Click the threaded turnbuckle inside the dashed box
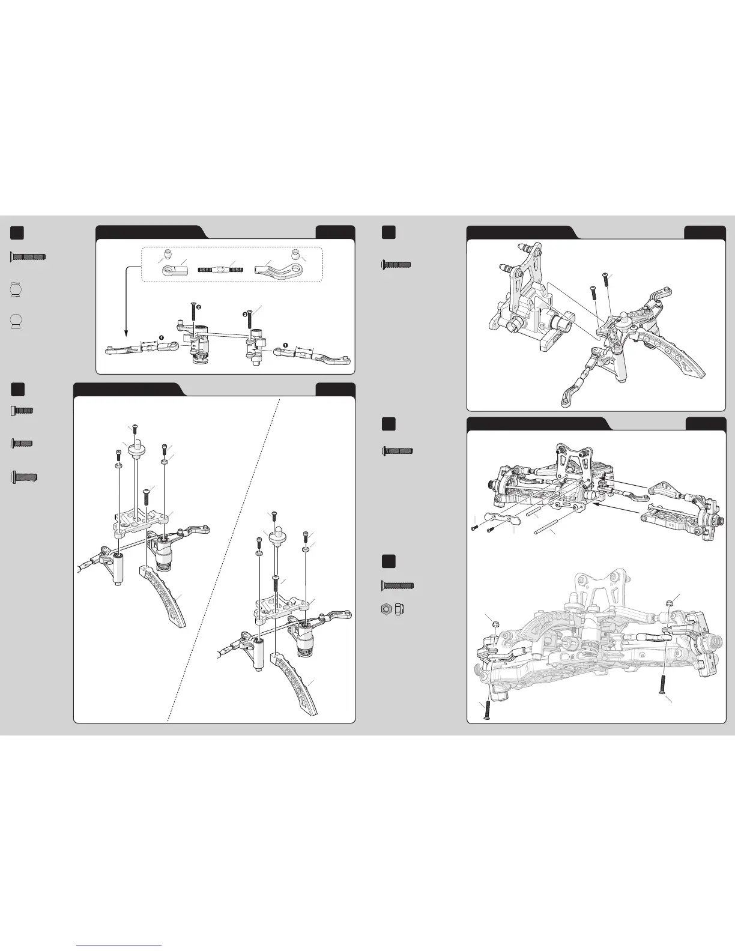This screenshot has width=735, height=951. coord(220,270)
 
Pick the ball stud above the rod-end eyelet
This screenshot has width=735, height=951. coord(169,252)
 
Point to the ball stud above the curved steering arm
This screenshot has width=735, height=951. coord(295,252)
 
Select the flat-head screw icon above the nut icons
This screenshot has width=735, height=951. coord(398,585)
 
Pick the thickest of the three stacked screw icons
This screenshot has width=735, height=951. coord(25,478)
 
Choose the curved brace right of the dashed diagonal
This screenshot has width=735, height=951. coord(298,684)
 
